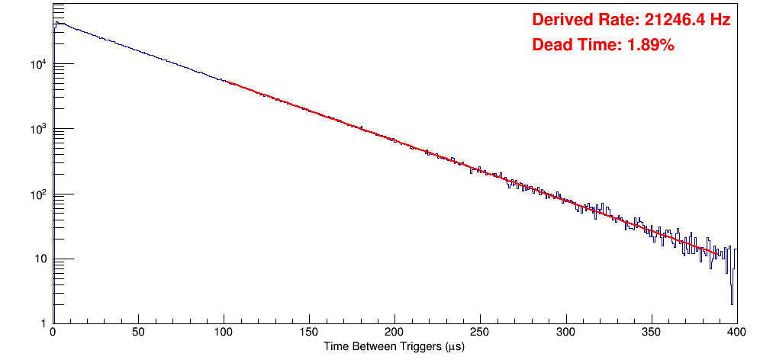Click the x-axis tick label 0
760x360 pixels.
(52, 333)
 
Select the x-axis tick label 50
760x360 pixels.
(138, 333)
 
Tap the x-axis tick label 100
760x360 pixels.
(224, 333)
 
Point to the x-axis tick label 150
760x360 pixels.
(309, 333)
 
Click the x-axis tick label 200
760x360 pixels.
(394, 333)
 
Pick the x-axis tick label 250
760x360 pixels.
(480, 333)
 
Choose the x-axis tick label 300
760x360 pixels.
(565, 333)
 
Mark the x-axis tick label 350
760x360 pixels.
(651, 333)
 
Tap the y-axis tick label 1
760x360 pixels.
(44, 324)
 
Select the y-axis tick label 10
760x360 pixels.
(41, 259)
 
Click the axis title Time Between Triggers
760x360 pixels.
(394, 347)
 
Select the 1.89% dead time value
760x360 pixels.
(651, 46)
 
